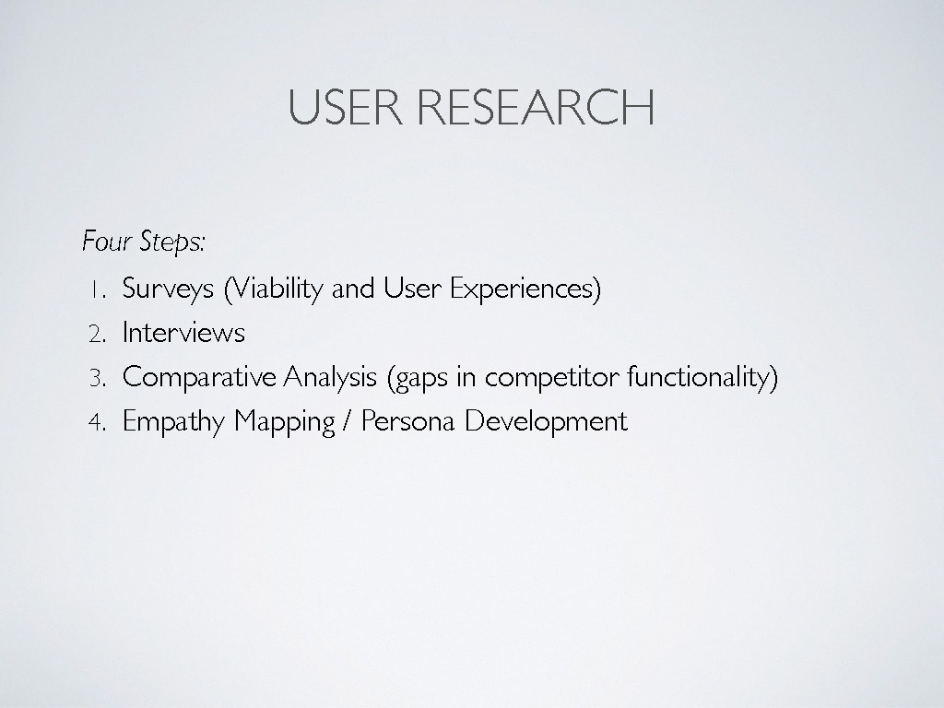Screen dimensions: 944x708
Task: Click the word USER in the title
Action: pos(346,107)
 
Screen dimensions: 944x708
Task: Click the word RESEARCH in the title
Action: pos(536,107)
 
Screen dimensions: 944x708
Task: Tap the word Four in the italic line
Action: pos(107,241)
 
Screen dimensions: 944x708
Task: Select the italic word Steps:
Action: pos(172,242)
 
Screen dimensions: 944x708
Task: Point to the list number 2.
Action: pos(98,334)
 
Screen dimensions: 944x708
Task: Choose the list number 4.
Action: pos(98,422)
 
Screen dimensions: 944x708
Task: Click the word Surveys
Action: pos(168,289)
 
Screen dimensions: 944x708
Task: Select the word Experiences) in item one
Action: pos(525,289)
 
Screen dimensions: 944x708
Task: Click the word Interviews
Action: pos(183,332)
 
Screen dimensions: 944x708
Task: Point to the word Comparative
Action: pos(199,378)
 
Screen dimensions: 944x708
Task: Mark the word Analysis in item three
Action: pos(330,378)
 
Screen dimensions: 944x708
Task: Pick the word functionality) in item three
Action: pos(702,378)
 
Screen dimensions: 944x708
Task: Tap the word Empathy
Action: pos(173,421)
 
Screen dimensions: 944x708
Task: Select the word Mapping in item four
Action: pos(284,421)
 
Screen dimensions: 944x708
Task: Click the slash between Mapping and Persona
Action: pos(348,420)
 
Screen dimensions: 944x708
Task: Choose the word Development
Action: pos(546,421)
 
